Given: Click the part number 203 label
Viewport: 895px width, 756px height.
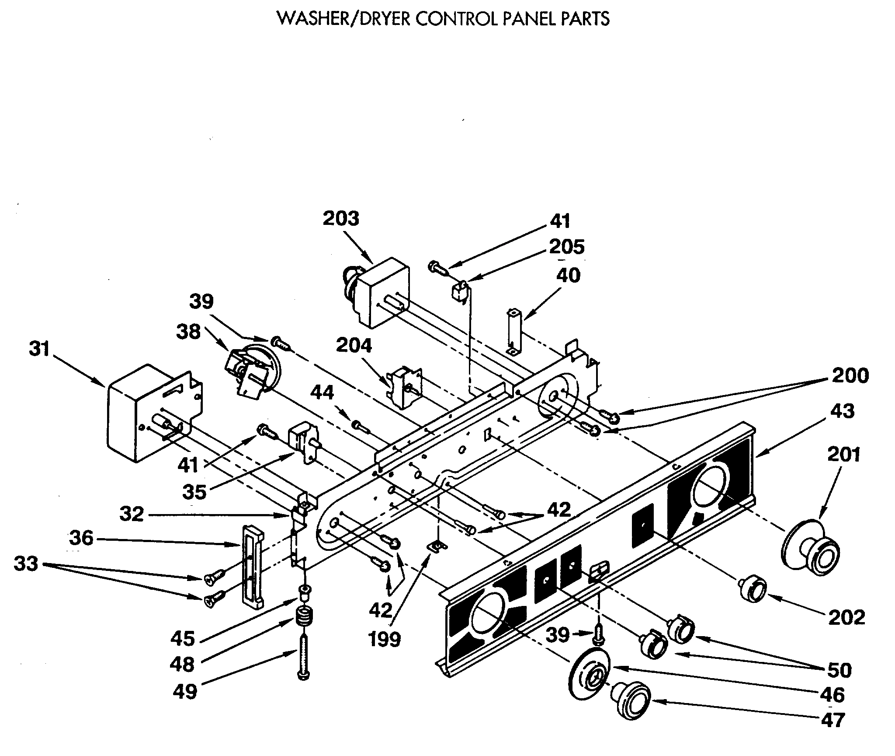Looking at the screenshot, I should click(x=341, y=218).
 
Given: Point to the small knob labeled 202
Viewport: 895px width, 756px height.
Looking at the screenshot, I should click(x=752, y=590).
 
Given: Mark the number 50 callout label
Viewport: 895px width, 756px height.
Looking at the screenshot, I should click(x=839, y=670).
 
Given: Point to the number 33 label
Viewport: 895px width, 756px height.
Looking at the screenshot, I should click(x=26, y=564).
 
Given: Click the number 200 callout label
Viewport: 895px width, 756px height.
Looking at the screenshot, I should click(x=850, y=376).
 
